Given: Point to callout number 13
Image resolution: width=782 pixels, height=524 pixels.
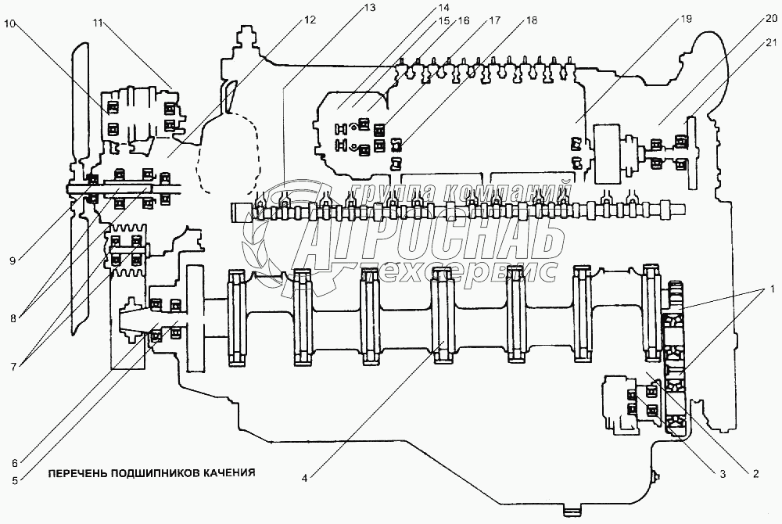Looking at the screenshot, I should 369,7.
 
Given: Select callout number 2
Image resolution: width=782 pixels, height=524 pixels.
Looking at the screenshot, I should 756,472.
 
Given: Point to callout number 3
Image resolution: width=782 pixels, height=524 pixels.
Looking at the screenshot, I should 723,472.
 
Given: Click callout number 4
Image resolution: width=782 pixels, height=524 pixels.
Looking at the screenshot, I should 306,472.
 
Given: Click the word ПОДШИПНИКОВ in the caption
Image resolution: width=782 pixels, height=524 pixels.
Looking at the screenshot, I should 154,472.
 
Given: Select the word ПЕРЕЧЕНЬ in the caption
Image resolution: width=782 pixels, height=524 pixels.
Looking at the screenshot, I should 77,472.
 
